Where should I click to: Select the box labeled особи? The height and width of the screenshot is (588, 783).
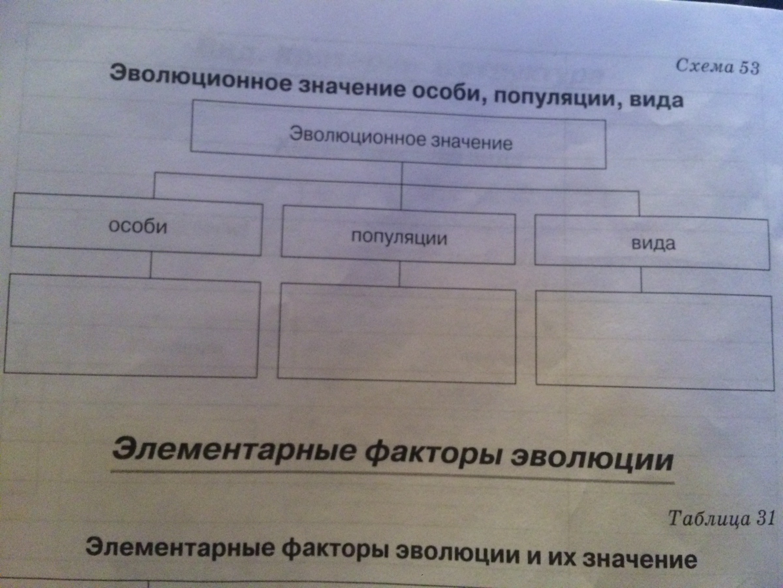(137, 225)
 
